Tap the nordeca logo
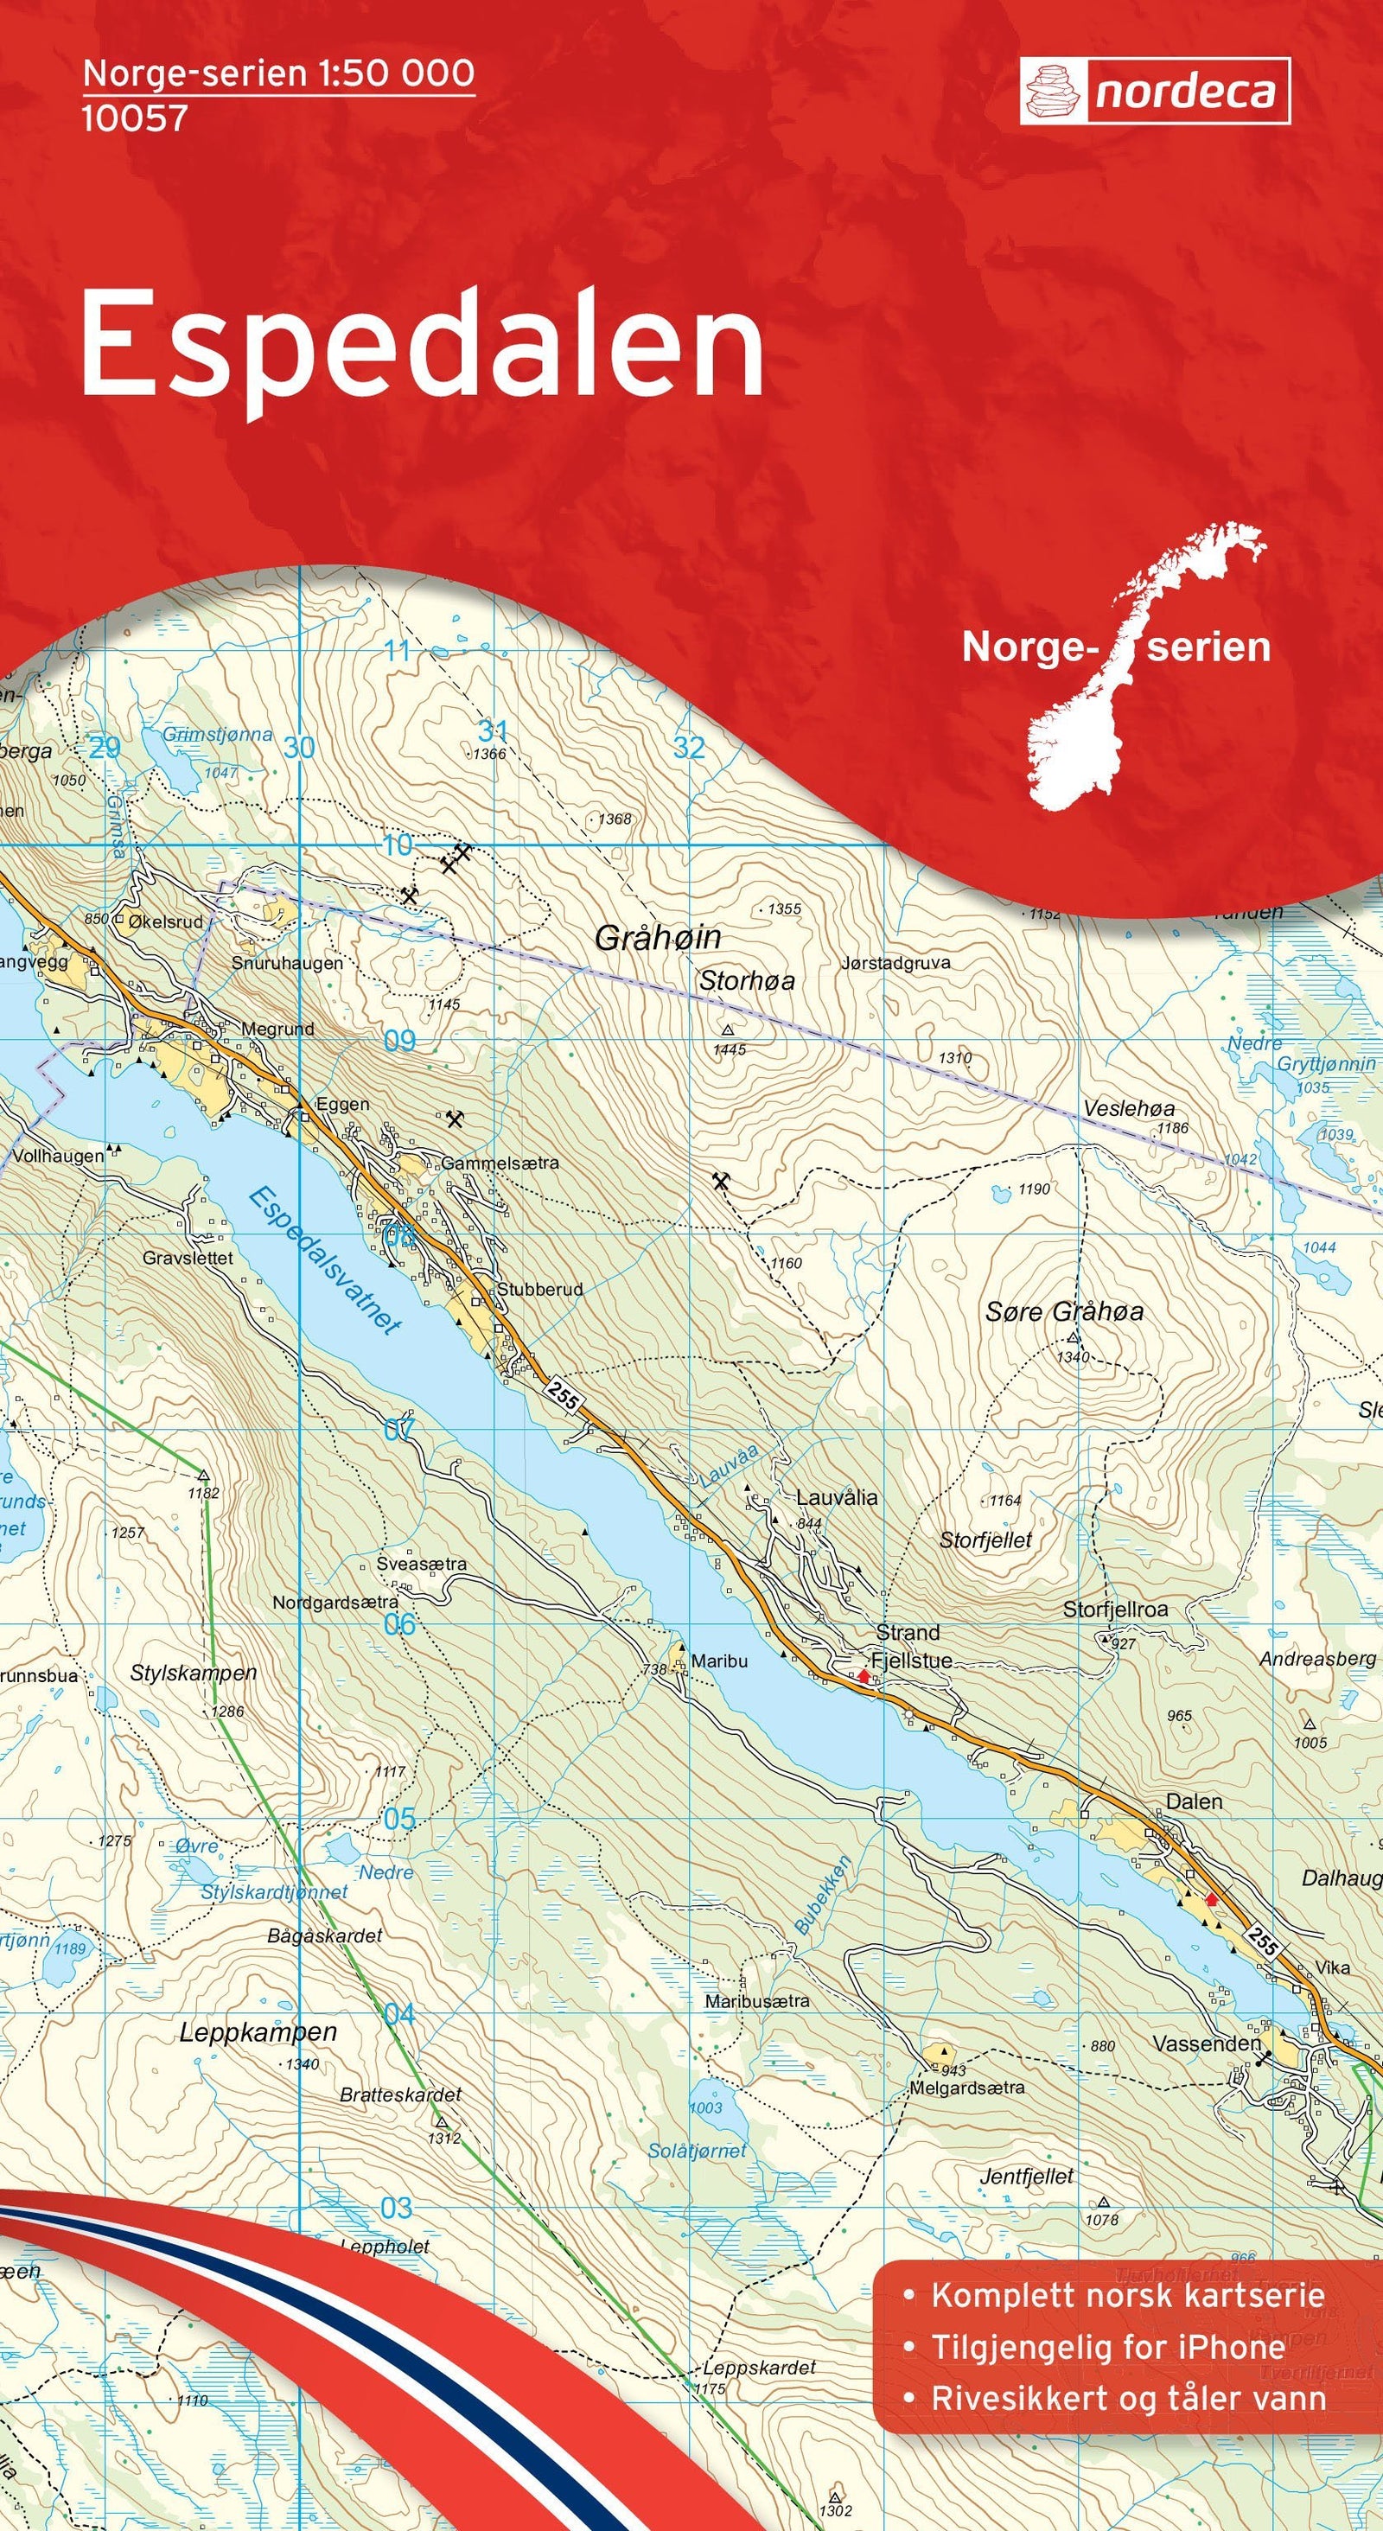[1154, 92]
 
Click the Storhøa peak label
[747, 980]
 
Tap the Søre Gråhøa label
[1064, 1310]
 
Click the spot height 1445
[730, 1049]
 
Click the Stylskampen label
[194, 1673]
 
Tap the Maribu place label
[719, 1661]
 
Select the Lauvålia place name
[836, 1497]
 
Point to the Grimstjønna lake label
[217, 734]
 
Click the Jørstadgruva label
[895, 963]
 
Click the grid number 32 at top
[689, 748]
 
